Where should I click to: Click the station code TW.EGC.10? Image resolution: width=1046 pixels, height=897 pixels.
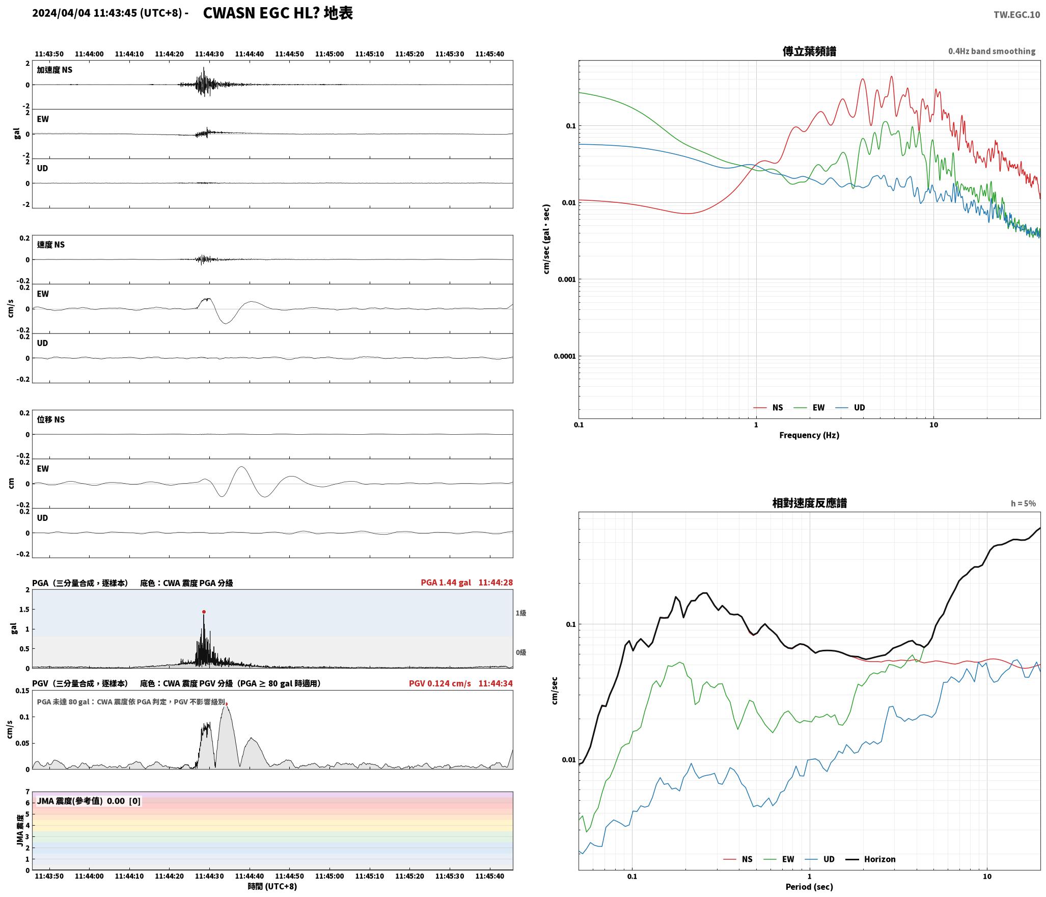(x=1016, y=15)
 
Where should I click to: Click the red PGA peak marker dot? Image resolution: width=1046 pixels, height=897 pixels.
(x=204, y=612)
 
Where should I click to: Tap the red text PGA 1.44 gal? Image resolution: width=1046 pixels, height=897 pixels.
(x=446, y=583)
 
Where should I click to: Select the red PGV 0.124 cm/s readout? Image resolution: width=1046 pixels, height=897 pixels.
(x=439, y=683)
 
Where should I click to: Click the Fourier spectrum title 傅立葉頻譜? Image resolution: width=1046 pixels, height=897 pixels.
(x=809, y=51)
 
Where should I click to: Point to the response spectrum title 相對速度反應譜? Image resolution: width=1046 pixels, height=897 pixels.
(x=809, y=503)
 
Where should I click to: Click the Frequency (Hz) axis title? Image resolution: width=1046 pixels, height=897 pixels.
(x=809, y=435)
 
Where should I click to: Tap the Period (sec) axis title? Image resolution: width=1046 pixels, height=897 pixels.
(x=809, y=887)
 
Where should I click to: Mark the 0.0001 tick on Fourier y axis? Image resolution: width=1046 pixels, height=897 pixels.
(x=565, y=356)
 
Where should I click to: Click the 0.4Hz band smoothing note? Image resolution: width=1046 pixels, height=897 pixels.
(x=992, y=51)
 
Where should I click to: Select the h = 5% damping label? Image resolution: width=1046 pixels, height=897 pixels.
(x=1023, y=504)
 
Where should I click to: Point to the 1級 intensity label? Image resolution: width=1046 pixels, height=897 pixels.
(x=520, y=613)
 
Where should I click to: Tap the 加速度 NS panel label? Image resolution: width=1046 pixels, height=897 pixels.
(x=54, y=70)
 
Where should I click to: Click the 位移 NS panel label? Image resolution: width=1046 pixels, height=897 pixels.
(x=51, y=419)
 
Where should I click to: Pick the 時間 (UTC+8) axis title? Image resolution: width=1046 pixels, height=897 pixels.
(x=272, y=886)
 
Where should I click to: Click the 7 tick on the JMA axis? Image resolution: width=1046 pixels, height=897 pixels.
(x=27, y=792)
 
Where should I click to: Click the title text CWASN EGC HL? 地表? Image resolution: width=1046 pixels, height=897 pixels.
(x=278, y=13)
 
